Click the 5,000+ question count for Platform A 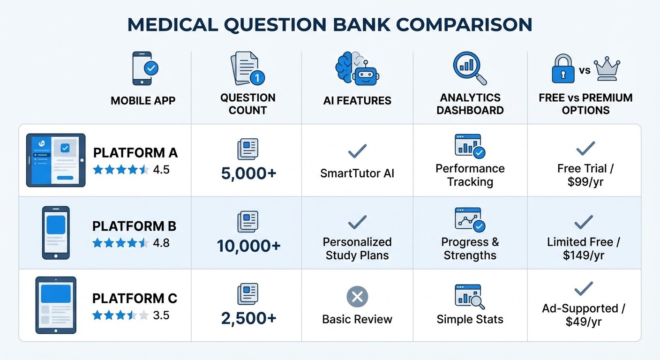coord(248,173)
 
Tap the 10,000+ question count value coord(248,246)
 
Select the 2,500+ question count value coord(248,319)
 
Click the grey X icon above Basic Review coord(357,297)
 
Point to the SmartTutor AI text coord(357,173)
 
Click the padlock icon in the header coord(563,69)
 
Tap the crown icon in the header coord(607,69)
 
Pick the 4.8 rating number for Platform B coord(161,243)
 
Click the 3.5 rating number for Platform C coord(161,315)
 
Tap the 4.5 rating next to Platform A coord(161,170)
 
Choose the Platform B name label coord(134,226)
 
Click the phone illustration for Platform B coord(56,232)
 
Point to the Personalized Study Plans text coord(357,249)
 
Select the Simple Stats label coord(470,319)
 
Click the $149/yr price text coord(585,255)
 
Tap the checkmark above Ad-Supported coord(584,289)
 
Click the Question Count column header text coord(248,104)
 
